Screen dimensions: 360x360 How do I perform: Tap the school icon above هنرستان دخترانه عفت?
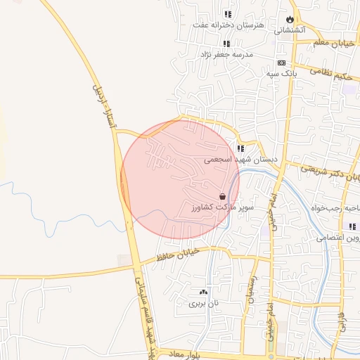227,14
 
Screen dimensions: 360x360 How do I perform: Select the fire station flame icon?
290,19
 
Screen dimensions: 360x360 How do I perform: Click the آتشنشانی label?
290,30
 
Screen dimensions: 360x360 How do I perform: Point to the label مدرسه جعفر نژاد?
227,54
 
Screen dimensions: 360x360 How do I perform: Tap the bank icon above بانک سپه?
282,62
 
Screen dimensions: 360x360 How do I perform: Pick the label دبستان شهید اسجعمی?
241,160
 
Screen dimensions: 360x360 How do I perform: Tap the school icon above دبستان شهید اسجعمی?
241,148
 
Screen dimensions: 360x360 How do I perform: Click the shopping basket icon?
223,197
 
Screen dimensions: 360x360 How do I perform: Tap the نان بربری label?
204,304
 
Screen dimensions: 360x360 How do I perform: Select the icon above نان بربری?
204,292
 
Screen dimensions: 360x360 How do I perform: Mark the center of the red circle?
180,180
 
